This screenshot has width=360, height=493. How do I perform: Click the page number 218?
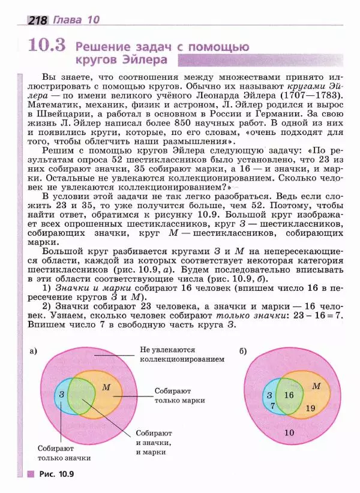(38, 20)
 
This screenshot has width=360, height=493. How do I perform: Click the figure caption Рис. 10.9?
(56, 474)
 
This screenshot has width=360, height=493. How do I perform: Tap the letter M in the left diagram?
(106, 387)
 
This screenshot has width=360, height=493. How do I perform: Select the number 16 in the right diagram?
(289, 395)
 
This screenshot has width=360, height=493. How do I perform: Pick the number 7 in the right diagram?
(272, 406)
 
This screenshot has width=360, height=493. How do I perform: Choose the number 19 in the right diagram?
(310, 408)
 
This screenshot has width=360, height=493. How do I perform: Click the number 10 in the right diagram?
(289, 432)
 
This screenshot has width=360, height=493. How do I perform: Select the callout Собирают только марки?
(179, 395)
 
